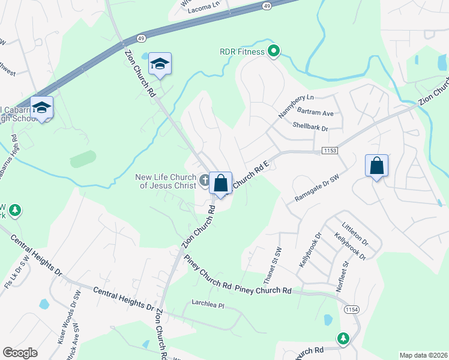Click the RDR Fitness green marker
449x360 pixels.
pos(274,52)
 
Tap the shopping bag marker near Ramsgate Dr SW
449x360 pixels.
pos(376,166)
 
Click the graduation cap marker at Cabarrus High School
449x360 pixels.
pos(41,107)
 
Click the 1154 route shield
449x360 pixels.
pos(352,308)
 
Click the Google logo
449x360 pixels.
pos(20,353)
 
